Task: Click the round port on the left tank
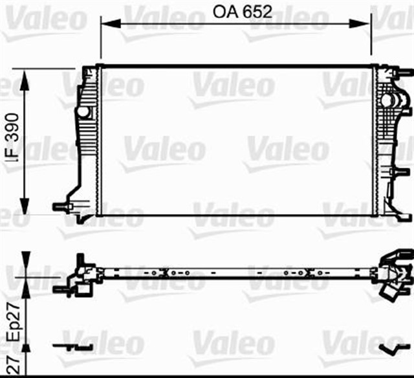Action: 83,113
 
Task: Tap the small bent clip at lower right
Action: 391,350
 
